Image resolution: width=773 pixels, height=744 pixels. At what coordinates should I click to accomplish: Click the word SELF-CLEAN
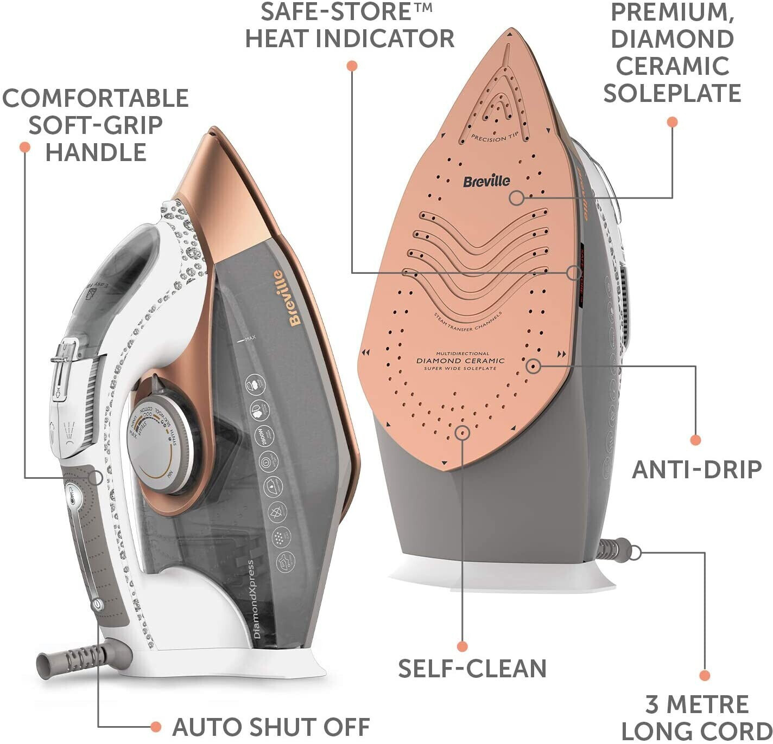(x=472, y=669)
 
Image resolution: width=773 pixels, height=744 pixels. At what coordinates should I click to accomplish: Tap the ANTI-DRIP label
(x=696, y=470)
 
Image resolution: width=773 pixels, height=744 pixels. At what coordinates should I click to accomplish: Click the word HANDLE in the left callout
(x=96, y=152)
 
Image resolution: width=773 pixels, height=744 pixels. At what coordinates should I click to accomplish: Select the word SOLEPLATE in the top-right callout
(x=672, y=93)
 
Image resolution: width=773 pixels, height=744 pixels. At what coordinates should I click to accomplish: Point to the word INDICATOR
(x=385, y=39)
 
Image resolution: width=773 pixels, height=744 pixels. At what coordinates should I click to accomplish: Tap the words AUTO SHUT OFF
(x=271, y=727)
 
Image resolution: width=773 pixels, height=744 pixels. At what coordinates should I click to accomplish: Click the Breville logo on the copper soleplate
(x=486, y=181)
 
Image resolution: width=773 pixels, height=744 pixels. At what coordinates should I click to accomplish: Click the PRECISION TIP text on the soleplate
(x=495, y=138)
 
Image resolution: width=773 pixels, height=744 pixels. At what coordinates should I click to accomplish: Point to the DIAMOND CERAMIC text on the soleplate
(x=460, y=361)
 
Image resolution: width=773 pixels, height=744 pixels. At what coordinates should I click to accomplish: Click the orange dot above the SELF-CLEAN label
(x=462, y=646)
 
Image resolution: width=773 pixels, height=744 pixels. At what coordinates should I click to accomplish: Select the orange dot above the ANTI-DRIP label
(x=695, y=440)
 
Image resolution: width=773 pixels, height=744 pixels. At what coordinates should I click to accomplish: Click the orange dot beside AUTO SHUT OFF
(x=156, y=727)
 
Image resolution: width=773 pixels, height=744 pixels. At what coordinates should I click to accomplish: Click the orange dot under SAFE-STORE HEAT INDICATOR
(x=352, y=66)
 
